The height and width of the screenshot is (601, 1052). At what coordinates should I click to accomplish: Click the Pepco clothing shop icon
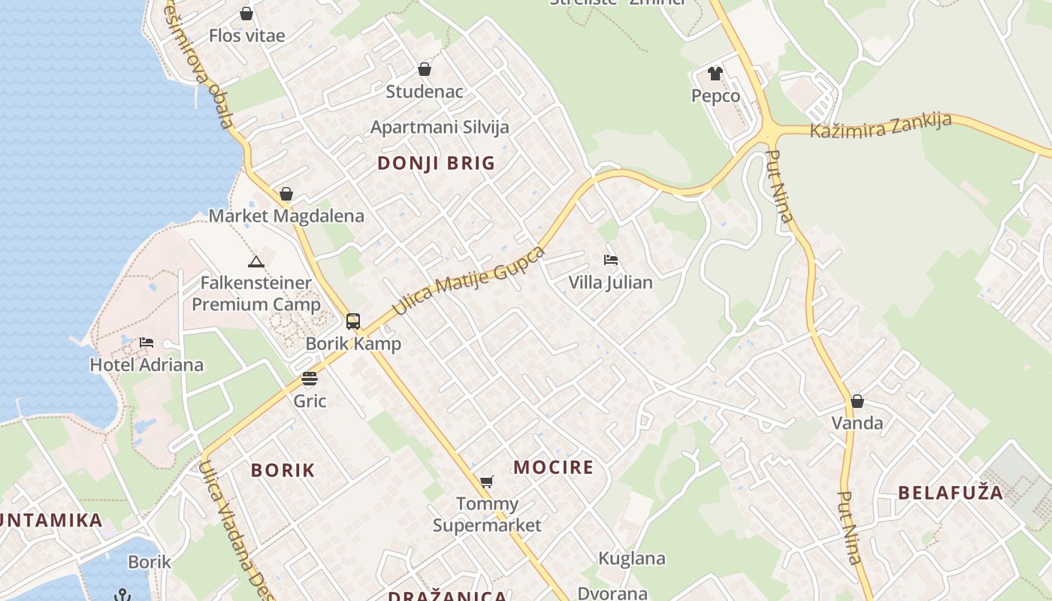tap(715, 74)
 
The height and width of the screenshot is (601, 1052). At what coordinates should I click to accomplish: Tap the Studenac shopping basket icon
tap(425, 69)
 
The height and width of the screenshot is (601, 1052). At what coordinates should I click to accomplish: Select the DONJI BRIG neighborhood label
tap(436, 163)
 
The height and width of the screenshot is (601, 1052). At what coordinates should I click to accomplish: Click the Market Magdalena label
tap(286, 216)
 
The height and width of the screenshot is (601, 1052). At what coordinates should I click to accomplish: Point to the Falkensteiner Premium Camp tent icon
tap(256, 262)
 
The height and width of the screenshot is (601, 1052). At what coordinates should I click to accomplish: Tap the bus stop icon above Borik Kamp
tap(353, 322)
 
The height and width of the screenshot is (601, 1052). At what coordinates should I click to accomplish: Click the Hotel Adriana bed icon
tap(147, 343)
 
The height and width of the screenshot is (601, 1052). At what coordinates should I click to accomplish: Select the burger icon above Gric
tap(310, 378)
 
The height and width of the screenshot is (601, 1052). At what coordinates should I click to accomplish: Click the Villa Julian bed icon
tap(611, 260)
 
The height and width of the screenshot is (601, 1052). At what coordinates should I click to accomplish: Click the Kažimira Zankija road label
tap(881, 125)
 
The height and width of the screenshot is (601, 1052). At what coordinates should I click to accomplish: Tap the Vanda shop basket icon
tap(857, 401)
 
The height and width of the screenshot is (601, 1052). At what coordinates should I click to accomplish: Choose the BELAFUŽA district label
tap(951, 493)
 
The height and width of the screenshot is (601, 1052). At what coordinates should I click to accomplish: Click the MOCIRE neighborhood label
tap(554, 467)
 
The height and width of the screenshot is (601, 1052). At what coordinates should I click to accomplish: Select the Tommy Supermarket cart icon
tap(487, 482)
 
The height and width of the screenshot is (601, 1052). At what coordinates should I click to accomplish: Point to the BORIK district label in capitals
tap(283, 470)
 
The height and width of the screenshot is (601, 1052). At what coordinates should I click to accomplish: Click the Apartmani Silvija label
tap(440, 127)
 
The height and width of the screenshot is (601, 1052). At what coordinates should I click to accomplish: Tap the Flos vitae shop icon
tap(246, 14)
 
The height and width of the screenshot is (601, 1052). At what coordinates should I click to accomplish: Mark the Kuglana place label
tap(632, 558)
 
